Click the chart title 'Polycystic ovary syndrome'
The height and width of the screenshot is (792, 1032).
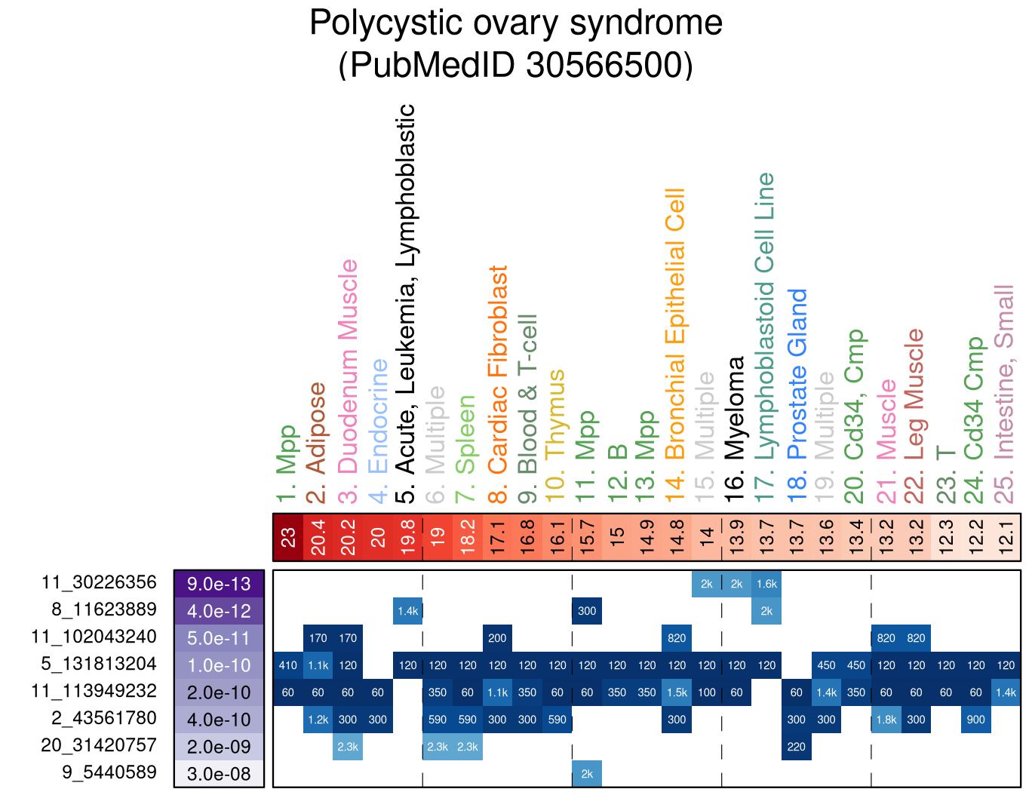[x=516, y=23]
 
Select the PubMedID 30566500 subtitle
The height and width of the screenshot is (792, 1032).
[x=516, y=65]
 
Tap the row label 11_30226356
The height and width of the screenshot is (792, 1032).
[x=99, y=582]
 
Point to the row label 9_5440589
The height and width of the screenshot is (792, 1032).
[x=109, y=772]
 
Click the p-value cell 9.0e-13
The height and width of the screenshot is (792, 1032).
[x=219, y=584]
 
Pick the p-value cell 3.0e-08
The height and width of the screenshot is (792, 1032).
[x=219, y=774]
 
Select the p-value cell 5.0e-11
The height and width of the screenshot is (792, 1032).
[x=219, y=638]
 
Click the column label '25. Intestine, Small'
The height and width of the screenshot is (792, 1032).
[x=1005, y=394]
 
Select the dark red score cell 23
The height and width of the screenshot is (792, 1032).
[x=288, y=538]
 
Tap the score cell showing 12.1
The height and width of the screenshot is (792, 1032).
[x=1006, y=538]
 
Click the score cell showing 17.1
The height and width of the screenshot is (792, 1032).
[x=497, y=538]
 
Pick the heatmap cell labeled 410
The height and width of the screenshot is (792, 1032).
[x=288, y=665]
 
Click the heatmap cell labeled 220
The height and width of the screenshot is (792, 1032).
[x=797, y=747]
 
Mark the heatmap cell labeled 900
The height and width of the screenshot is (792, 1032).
[x=975, y=720]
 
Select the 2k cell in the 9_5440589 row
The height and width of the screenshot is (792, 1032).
[x=587, y=774]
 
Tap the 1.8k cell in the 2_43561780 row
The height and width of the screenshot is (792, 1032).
[x=886, y=720]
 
